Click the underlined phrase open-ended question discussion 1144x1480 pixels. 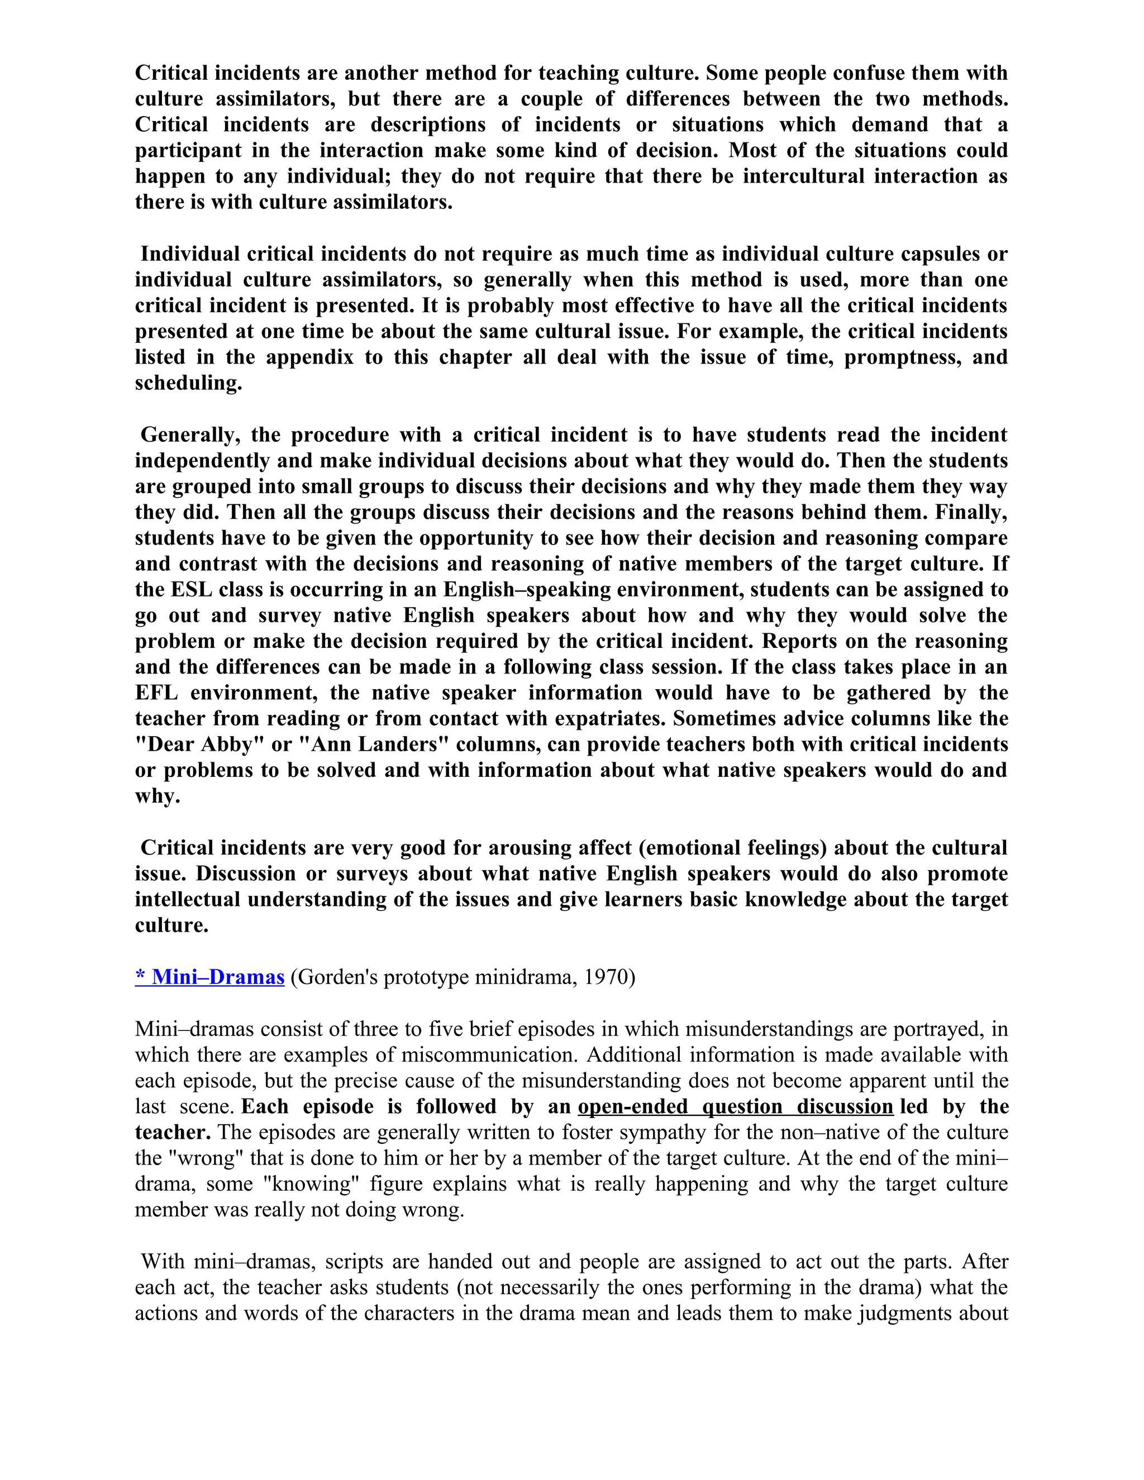(735, 1106)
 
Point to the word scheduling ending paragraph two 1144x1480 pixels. (188, 383)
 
